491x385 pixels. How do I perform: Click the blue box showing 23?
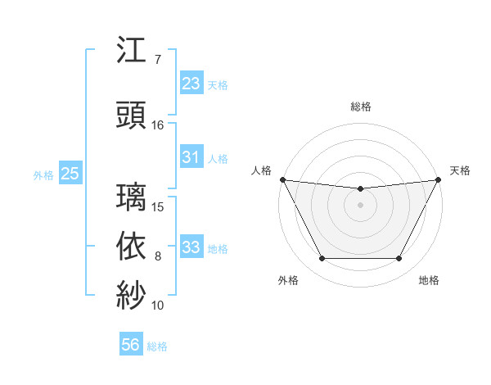[x=191, y=84]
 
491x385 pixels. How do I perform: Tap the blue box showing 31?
[x=191, y=157]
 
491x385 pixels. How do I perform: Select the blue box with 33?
[x=191, y=247]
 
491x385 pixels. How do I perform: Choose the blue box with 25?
[x=70, y=174]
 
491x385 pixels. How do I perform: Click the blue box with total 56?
[x=130, y=345]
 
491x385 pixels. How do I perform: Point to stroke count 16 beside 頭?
[x=158, y=125]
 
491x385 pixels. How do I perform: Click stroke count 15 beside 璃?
[x=158, y=206]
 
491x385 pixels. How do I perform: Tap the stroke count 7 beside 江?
[x=158, y=61]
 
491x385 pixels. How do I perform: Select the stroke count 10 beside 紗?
[x=158, y=306]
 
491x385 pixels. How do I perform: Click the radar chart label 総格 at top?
[x=360, y=106]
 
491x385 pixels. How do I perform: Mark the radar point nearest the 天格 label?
[x=439, y=179]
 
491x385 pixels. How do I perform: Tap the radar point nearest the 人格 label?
[x=282, y=179]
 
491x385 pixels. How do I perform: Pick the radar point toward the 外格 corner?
[x=322, y=259]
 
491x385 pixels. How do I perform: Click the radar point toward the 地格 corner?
[x=399, y=259]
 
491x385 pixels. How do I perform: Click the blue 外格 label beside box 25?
[x=43, y=174]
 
